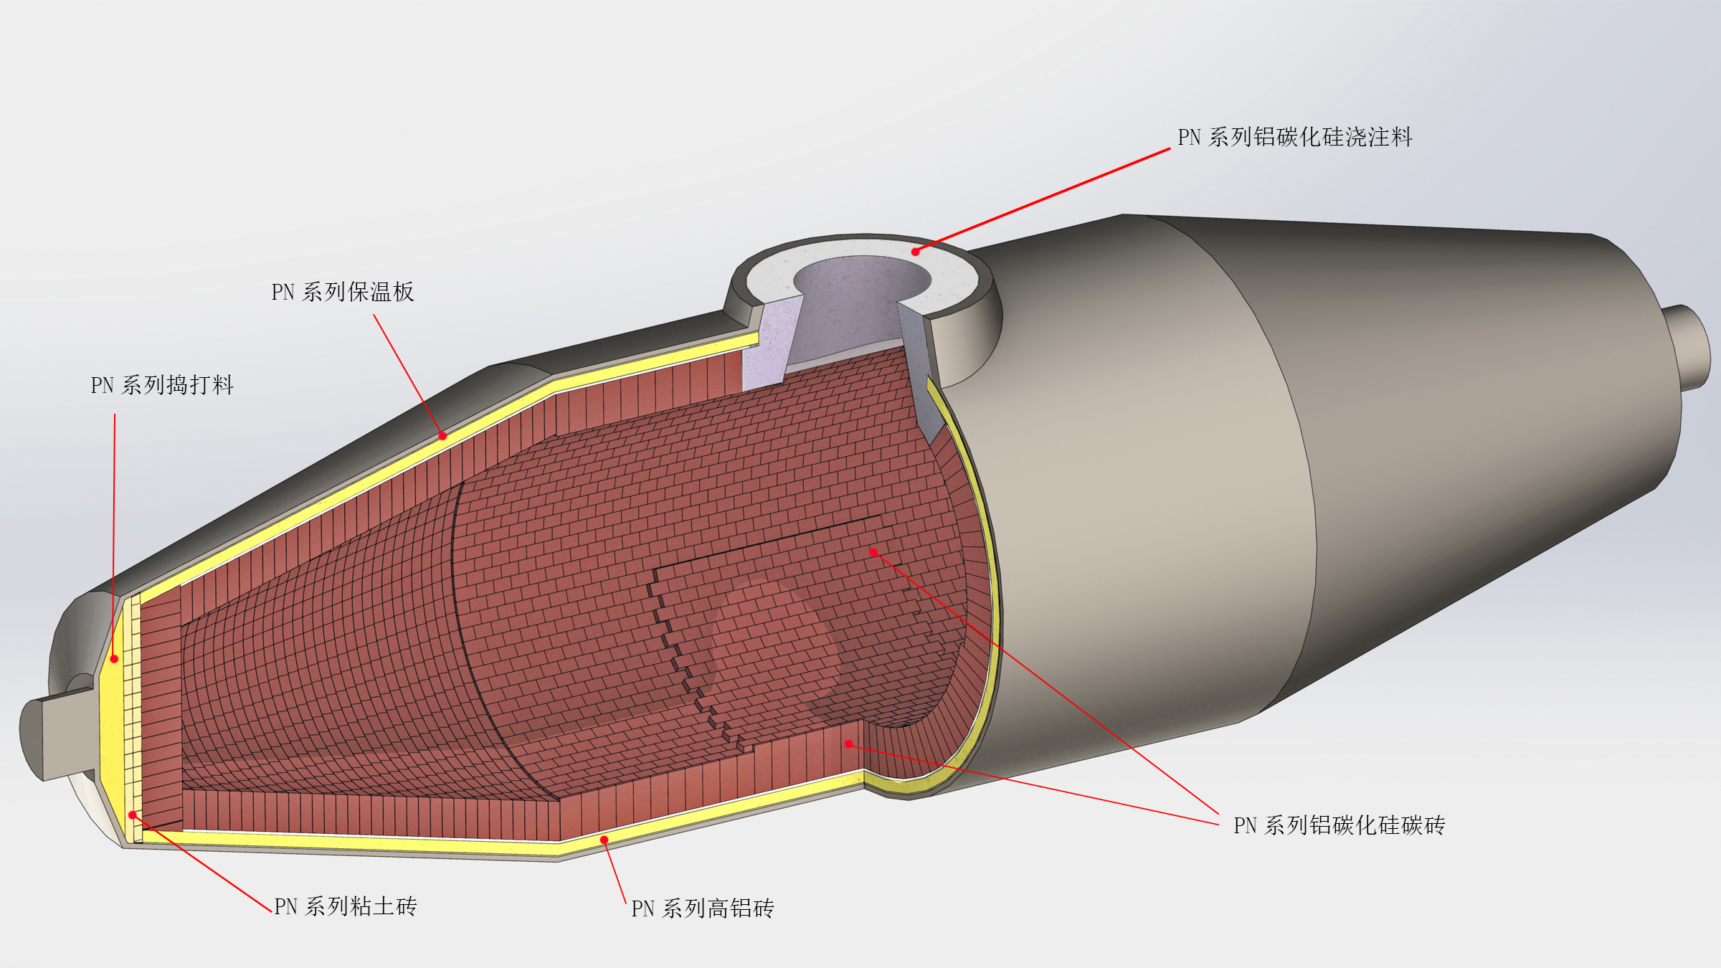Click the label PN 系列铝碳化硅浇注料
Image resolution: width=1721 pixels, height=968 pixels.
pyautogui.click(x=1294, y=137)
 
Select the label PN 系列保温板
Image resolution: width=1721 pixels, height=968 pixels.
pyautogui.click(x=343, y=292)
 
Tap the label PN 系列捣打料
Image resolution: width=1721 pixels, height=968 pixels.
pyautogui.click(x=162, y=385)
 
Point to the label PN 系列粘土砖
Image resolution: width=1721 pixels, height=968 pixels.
pyautogui.click(x=346, y=906)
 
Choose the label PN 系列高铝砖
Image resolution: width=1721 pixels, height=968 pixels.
pyautogui.click(x=703, y=908)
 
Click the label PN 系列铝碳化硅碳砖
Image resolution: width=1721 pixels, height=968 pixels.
pyautogui.click(x=1339, y=825)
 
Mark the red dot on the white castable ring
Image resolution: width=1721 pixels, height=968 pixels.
pyautogui.click(x=916, y=252)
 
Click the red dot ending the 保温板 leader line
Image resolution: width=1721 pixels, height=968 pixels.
pyautogui.click(x=443, y=436)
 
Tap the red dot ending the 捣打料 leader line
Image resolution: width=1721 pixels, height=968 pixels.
pyautogui.click(x=114, y=659)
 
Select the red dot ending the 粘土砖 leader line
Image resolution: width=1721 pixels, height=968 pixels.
pyautogui.click(x=133, y=815)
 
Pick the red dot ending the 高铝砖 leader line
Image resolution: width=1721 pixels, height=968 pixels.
pyautogui.click(x=605, y=840)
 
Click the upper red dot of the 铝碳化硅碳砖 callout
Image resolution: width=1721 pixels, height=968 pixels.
pyautogui.click(x=873, y=552)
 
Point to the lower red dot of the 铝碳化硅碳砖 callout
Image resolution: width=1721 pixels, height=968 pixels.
pyautogui.click(x=848, y=744)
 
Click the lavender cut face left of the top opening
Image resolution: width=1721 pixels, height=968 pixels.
pyautogui.click(x=771, y=344)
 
